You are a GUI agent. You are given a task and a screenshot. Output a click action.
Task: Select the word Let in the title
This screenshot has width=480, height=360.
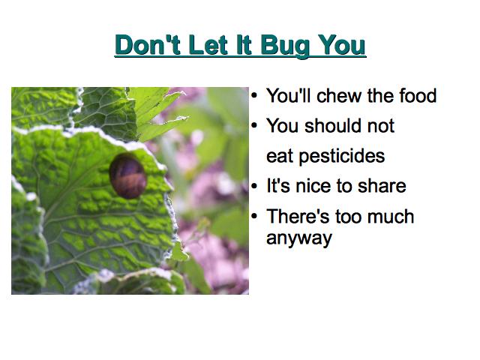coord(208,45)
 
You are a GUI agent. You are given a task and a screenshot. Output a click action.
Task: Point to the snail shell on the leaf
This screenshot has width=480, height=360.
coord(127,175)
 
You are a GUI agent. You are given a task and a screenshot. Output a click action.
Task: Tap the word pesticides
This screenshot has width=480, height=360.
coord(342,157)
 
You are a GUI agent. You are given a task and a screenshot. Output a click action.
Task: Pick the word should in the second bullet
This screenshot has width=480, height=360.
coord(332,125)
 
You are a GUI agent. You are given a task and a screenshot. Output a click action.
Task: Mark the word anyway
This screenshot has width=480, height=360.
coord(299,238)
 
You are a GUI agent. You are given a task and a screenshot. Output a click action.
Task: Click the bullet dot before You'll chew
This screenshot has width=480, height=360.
coord(254,95)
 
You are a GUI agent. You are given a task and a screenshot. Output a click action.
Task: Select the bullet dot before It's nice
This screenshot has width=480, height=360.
coord(254,186)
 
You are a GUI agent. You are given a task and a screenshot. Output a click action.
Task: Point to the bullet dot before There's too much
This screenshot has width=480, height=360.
coord(254,216)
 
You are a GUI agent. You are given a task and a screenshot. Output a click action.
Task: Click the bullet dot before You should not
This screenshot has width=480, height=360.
coord(254,125)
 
